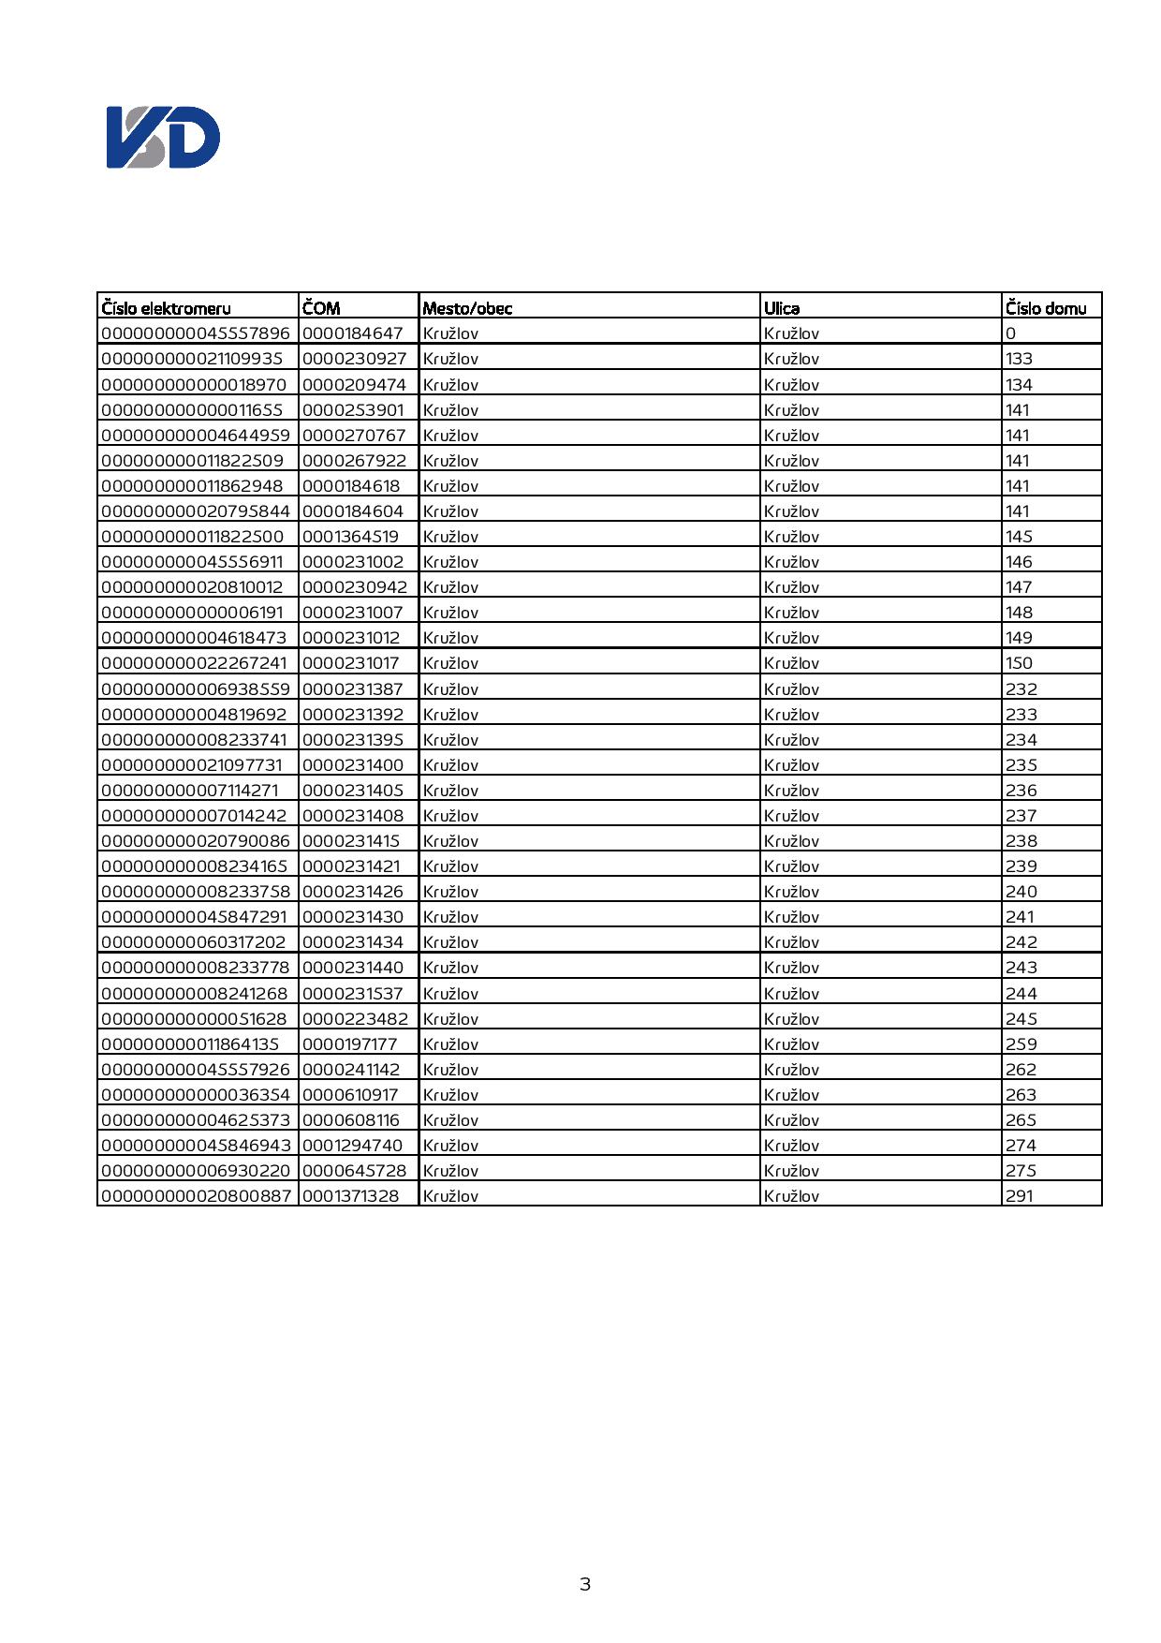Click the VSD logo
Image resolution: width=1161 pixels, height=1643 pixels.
click(x=163, y=138)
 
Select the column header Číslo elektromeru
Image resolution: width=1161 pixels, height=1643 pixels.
click(x=167, y=308)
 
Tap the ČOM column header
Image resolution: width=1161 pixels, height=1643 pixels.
click(x=321, y=308)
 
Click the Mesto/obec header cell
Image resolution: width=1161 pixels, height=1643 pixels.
click(x=467, y=308)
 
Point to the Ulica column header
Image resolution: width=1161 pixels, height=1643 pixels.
click(x=782, y=308)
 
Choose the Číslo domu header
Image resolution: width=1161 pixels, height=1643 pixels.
click(x=1046, y=308)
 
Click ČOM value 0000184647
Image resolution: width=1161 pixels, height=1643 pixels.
click(x=352, y=333)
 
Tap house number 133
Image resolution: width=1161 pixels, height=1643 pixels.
click(x=1020, y=359)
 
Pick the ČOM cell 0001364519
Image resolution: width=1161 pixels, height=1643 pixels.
click(x=350, y=537)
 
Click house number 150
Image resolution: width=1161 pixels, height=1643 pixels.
click(x=1020, y=663)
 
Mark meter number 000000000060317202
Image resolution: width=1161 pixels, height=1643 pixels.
click(x=194, y=942)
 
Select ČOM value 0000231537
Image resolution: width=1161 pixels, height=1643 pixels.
click(x=352, y=994)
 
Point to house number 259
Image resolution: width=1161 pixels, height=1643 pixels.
click(x=1021, y=1044)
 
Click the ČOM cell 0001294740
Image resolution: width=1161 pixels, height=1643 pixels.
click(x=352, y=1146)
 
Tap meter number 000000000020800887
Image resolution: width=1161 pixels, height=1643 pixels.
click(x=196, y=1196)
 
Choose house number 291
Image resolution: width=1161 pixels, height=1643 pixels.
click(x=1020, y=1196)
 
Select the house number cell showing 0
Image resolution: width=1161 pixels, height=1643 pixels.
click(x=1011, y=333)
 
